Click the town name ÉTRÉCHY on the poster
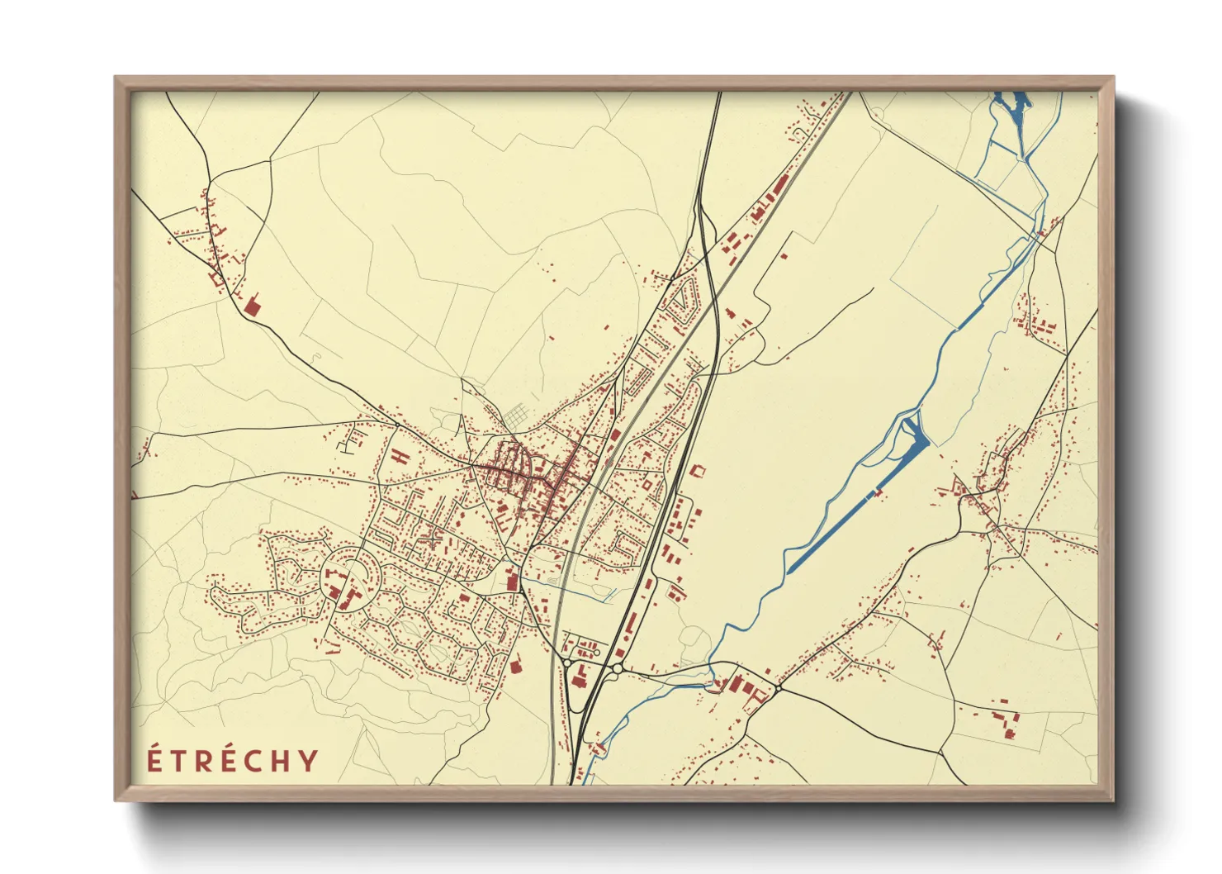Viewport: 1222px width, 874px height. [233, 760]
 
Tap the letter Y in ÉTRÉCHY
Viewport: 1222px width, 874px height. [308, 760]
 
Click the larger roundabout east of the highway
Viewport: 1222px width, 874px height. [617, 667]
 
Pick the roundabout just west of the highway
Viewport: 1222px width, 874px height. [566, 661]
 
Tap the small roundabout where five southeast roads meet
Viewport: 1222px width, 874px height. [778, 687]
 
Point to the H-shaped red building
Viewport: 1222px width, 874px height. [400, 455]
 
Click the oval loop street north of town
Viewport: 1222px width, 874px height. [683, 301]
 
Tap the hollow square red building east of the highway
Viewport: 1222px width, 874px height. [698, 472]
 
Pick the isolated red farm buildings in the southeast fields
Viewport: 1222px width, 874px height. [1006, 720]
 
